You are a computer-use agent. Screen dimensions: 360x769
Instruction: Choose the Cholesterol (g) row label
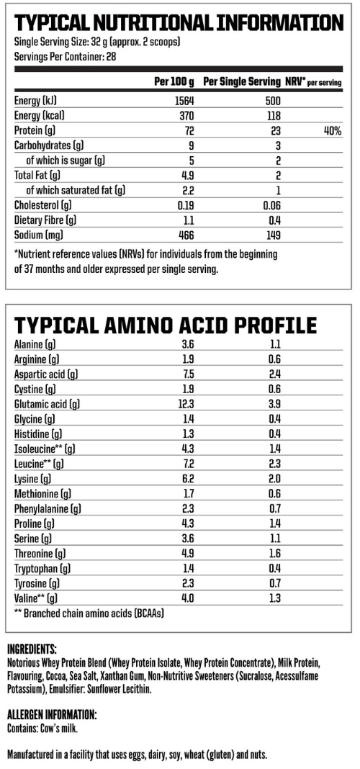point(44,204)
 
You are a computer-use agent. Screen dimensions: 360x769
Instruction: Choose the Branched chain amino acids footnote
point(90,613)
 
